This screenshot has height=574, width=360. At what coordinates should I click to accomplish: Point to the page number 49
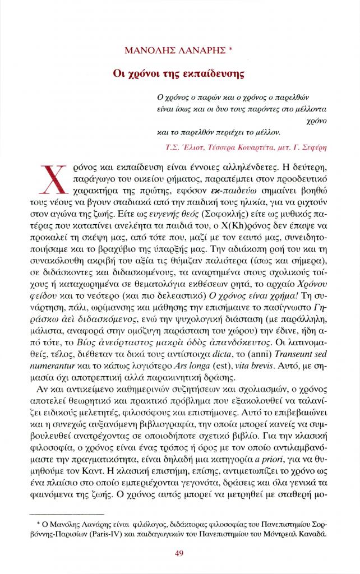point(179,554)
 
